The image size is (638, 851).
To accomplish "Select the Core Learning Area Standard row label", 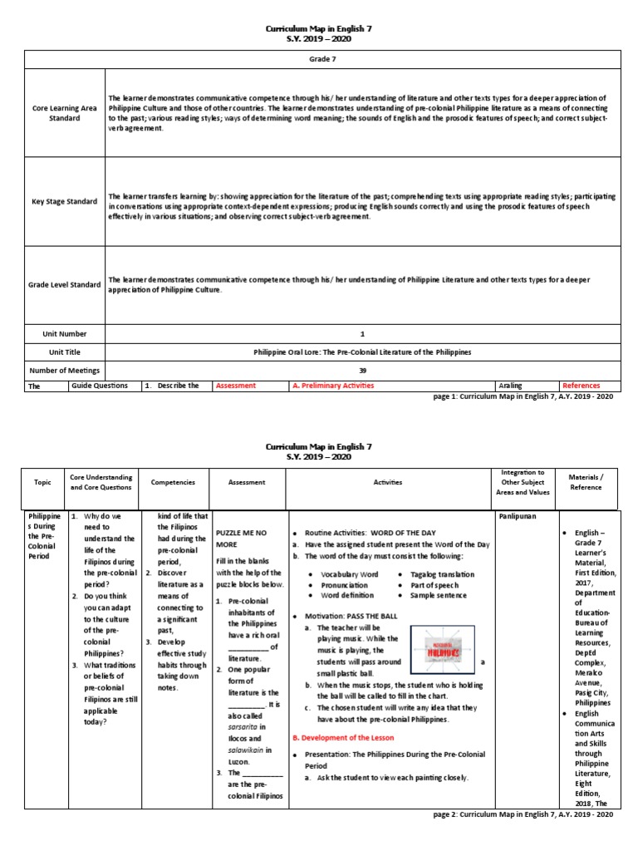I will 63,113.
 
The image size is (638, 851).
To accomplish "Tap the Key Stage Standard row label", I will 64,201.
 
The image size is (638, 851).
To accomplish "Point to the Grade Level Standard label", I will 63,285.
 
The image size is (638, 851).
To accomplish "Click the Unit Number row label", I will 64,333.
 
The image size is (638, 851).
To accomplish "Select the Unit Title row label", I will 64,352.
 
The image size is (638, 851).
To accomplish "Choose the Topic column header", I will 42,482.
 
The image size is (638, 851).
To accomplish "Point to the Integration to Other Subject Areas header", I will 523,482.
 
